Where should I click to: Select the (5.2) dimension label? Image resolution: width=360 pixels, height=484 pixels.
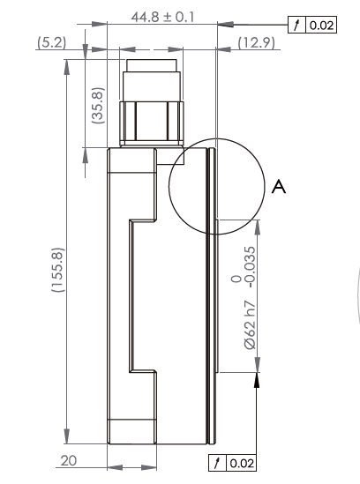coord(51,43)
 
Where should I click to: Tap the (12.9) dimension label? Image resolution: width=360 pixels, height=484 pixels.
coord(256,43)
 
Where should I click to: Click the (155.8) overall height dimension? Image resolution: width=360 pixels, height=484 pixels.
coord(56,273)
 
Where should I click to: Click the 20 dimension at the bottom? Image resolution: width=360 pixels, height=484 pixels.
coord(68,460)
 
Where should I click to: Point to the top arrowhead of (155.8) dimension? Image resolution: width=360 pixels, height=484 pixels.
coord(67,79)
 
